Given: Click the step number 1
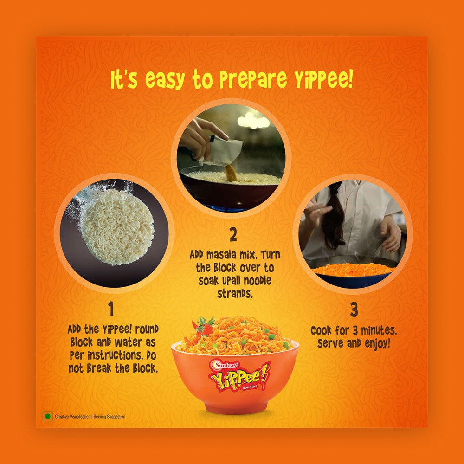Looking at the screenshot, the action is click(111, 309).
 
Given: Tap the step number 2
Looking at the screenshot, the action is click(233, 235).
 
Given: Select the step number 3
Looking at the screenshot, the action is click(354, 310).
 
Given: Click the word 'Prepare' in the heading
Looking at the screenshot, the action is click(253, 79).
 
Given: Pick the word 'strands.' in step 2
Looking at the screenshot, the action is click(235, 293).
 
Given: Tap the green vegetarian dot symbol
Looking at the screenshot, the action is click(47, 417).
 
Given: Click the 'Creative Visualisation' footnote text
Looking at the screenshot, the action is click(72, 417).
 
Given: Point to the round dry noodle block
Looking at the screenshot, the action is click(117, 226).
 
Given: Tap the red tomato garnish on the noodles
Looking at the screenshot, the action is click(206, 328).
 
